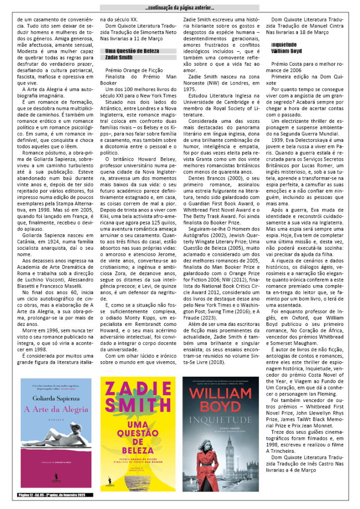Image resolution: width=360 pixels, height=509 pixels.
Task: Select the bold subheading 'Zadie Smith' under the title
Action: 119,57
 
